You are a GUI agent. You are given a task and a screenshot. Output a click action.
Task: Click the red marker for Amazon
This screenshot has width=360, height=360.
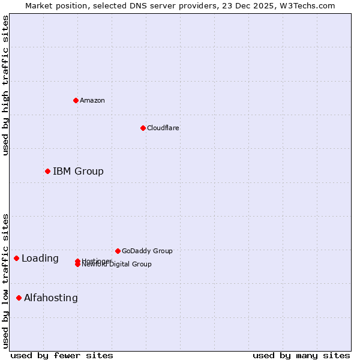coord(76,100)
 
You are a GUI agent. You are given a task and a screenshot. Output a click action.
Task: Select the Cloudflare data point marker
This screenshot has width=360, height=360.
coord(143,128)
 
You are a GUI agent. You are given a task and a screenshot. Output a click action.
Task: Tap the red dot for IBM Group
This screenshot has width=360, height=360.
coord(47,172)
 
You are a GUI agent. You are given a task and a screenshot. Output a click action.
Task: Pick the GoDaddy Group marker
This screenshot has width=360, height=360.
coord(118,251)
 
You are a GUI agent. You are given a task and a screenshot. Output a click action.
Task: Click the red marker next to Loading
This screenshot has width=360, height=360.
coord(16,259)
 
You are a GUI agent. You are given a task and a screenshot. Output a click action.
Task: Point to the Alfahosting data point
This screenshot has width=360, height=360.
coord(19,298)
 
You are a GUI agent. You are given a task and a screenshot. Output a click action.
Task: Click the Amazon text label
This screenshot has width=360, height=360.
coord(92,100)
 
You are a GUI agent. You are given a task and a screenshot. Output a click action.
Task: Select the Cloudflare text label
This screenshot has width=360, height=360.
coord(163,128)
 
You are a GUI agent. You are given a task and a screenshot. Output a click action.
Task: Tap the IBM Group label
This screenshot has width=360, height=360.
coord(78,172)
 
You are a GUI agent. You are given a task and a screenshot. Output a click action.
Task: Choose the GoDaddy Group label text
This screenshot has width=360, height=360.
coord(147,251)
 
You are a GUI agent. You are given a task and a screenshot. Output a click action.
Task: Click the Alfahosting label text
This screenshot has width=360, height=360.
coord(51,298)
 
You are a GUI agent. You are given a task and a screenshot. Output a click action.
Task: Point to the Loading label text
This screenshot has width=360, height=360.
coord(40,259)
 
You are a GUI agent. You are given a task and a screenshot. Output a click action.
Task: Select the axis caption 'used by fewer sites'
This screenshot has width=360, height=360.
coord(62,356)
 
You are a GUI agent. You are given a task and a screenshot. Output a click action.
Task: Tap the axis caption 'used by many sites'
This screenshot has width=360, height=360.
coord(301,356)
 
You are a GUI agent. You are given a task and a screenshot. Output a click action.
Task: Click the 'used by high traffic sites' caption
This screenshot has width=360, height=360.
coord(6,85)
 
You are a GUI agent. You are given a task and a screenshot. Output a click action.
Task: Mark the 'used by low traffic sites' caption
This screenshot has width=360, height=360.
coord(6,280)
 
